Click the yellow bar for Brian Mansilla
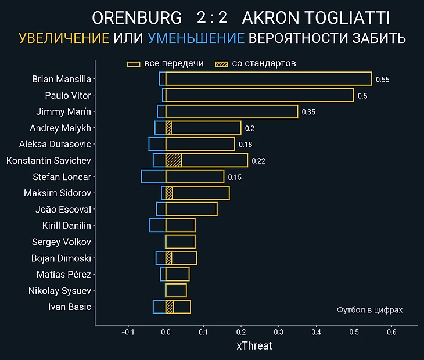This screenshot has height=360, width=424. [x=268, y=79]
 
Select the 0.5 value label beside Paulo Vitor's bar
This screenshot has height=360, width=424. [x=362, y=95]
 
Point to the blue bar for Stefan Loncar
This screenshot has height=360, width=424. [x=153, y=177]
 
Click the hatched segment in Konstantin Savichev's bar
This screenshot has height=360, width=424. [x=174, y=160]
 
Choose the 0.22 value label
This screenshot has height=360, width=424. [x=258, y=161]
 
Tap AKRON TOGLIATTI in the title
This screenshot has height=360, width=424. [x=315, y=18]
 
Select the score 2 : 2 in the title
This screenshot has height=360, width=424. [x=211, y=18]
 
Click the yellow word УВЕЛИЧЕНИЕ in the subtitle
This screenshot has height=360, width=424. [x=64, y=39]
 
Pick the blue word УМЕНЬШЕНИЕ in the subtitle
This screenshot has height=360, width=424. [x=196, y=39]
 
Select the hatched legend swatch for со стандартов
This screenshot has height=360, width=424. [x=221, y=63]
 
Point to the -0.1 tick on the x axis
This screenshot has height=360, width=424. [x=128, y=333]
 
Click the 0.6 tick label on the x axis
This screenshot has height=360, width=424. [x=391, y=333]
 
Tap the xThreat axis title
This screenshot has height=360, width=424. [x=254, y=346]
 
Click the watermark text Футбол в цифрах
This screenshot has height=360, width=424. [x=369, y=310]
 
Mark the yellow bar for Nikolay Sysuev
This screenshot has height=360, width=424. [x=176, y=290]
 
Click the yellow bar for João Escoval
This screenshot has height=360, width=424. [x=192, y=209]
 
